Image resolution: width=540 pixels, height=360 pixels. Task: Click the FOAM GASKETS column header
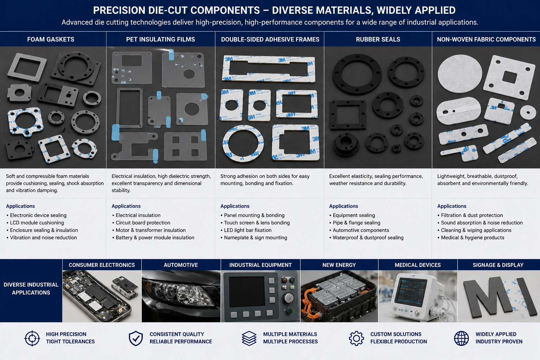(51, 39)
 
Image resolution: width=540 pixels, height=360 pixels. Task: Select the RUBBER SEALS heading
(378, 39)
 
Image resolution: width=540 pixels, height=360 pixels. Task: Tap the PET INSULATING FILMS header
(161, 39)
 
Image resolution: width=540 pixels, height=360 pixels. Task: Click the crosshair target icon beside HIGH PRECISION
(32, 338)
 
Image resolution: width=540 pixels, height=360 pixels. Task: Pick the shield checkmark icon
(136, 338)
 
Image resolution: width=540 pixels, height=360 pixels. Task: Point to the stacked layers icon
(249, 338)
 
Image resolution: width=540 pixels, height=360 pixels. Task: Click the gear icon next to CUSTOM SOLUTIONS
(356, 338)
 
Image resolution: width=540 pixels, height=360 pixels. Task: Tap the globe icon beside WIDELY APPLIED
(461, 338)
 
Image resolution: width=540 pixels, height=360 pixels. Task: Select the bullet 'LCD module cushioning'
(37, 223)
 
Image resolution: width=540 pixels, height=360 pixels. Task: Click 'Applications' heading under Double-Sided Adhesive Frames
(235, 206)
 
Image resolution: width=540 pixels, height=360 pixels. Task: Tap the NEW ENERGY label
(339, 265)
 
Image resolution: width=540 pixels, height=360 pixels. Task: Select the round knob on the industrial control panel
(288, 298)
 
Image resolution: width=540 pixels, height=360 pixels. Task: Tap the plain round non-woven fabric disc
(460, 73)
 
